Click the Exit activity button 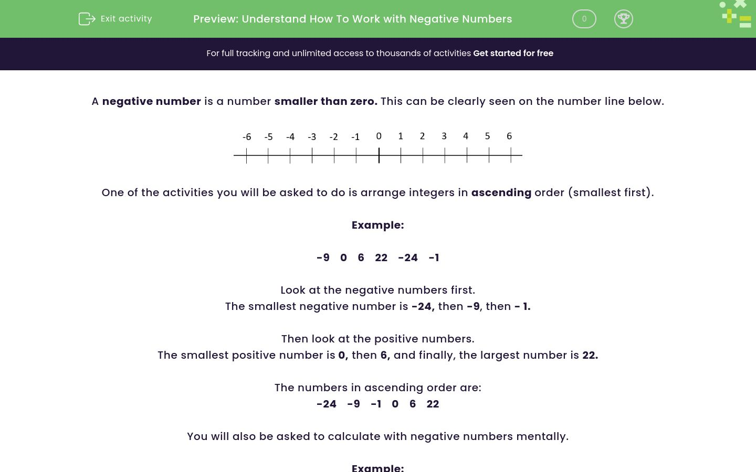click(x=115, y=19)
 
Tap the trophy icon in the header click(x=623, y=19)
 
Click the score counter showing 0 click(x=584, y=19)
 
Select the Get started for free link click(x=513, y=53)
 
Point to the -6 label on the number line click(x=247, y=137)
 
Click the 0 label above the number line click(x=379, y=136)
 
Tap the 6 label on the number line click(x=509, y=136)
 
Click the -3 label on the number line click(x=312, y=137)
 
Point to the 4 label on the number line click(x=466, y=136)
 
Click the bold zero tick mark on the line click(x=379, y=155)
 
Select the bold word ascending click(x=501, y=192)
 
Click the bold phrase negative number click(x=151, y=101)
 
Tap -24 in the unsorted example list click(x=408, y=258)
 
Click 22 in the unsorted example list click(x=381, y=258)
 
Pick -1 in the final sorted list click(x=376, y=404)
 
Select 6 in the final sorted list click(x=413, y=404)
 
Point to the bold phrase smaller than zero click(x=325, y=101)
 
